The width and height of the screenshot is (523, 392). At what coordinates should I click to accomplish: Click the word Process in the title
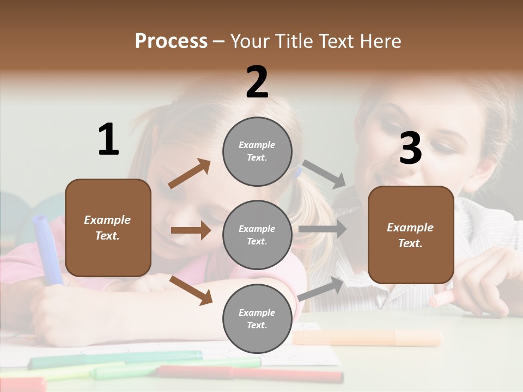171,41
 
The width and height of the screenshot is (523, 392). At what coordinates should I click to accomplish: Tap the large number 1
108,140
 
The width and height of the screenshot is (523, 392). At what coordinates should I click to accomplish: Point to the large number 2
257,82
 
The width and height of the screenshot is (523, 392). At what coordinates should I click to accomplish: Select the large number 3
410,149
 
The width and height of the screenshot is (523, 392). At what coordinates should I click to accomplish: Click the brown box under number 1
108,228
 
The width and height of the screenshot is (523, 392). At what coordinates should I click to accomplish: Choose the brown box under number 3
411,235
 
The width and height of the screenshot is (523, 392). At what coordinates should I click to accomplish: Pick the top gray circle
257,151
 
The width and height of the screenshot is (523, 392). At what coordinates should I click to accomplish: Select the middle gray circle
257,235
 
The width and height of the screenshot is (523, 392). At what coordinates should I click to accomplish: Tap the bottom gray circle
257,318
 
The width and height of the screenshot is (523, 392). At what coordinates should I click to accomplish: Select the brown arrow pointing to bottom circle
191,290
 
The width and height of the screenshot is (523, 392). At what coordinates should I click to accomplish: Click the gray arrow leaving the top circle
324,174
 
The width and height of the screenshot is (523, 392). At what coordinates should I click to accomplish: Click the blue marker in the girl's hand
46,248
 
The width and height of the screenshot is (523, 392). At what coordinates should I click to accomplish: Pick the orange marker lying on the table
368,338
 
